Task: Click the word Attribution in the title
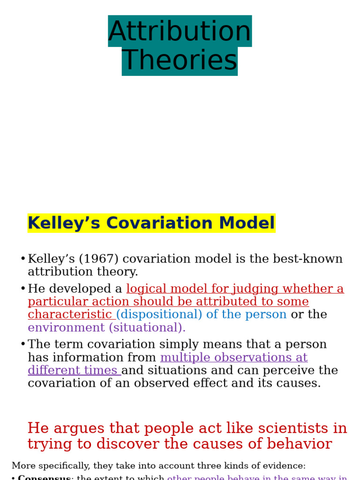pyautogui.click(x=180, y=31)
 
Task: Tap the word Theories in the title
pyautogui.click(x=180, y=61)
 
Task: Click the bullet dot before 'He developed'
pyautogui.click(x=22, y=289)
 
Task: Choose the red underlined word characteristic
pyautogui.click(x=70, y=315)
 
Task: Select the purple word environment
pyautogui.click(x=66, y=328)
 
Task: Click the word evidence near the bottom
pyautogui.click(x=285, y=466)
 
